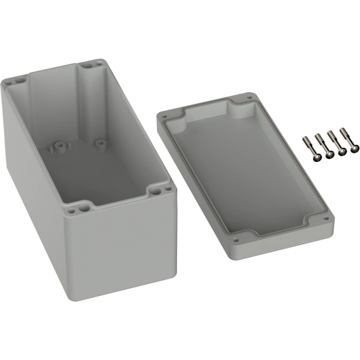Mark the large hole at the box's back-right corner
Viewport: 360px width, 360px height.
pyautogui.click(x=89, y=65)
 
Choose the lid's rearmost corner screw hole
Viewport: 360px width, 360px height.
pyautogui.click(x=250, y=96)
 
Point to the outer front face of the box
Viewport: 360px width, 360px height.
pyautogui.click(x=122, y=252)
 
